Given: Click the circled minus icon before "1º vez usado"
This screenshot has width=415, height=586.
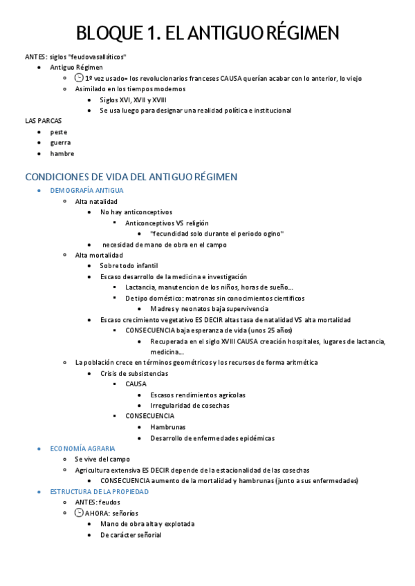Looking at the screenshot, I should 78,78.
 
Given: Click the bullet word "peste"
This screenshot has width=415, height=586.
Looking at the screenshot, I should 59,132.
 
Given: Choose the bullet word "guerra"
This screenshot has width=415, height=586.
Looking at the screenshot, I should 60,142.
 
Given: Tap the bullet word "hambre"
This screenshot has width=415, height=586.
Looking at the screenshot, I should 62,153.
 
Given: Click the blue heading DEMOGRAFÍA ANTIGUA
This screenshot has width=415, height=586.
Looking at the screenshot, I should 87,190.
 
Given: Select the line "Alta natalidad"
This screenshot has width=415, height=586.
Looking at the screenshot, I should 96,201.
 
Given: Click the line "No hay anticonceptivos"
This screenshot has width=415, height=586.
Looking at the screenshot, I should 136,212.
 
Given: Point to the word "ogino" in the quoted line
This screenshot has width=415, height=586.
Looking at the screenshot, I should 273,234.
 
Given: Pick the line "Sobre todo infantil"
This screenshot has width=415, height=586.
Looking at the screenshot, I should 129,265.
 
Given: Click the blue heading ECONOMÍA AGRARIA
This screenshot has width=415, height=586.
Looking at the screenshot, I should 82,448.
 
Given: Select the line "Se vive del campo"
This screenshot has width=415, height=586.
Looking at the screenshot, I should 102,459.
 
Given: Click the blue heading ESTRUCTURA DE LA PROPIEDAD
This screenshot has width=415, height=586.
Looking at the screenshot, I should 100,491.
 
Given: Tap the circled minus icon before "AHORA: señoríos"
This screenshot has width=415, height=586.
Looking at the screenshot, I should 78,513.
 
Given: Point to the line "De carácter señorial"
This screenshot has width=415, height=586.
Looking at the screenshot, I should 131,535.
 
